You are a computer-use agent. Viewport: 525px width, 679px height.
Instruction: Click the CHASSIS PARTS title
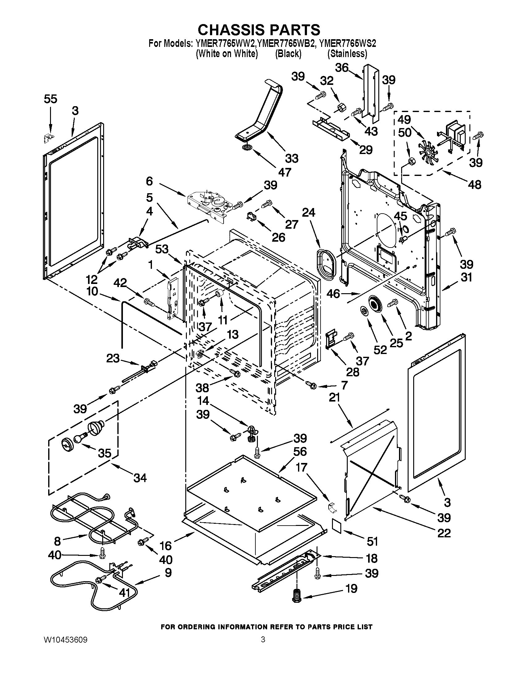[x=259, y=30]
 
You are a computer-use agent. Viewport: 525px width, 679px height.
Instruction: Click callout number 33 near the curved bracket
[x=292, y=158]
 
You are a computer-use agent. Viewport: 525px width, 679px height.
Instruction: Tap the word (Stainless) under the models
[x=347, y=54]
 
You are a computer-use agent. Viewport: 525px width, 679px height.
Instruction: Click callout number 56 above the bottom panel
[x=300, y=452]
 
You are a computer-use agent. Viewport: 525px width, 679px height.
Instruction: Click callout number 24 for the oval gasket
[x=308, y=213]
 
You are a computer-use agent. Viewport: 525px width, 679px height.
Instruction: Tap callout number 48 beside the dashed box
[x=474, y=185]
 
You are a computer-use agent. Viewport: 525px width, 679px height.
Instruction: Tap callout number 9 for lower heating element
[x=168, y=572]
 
